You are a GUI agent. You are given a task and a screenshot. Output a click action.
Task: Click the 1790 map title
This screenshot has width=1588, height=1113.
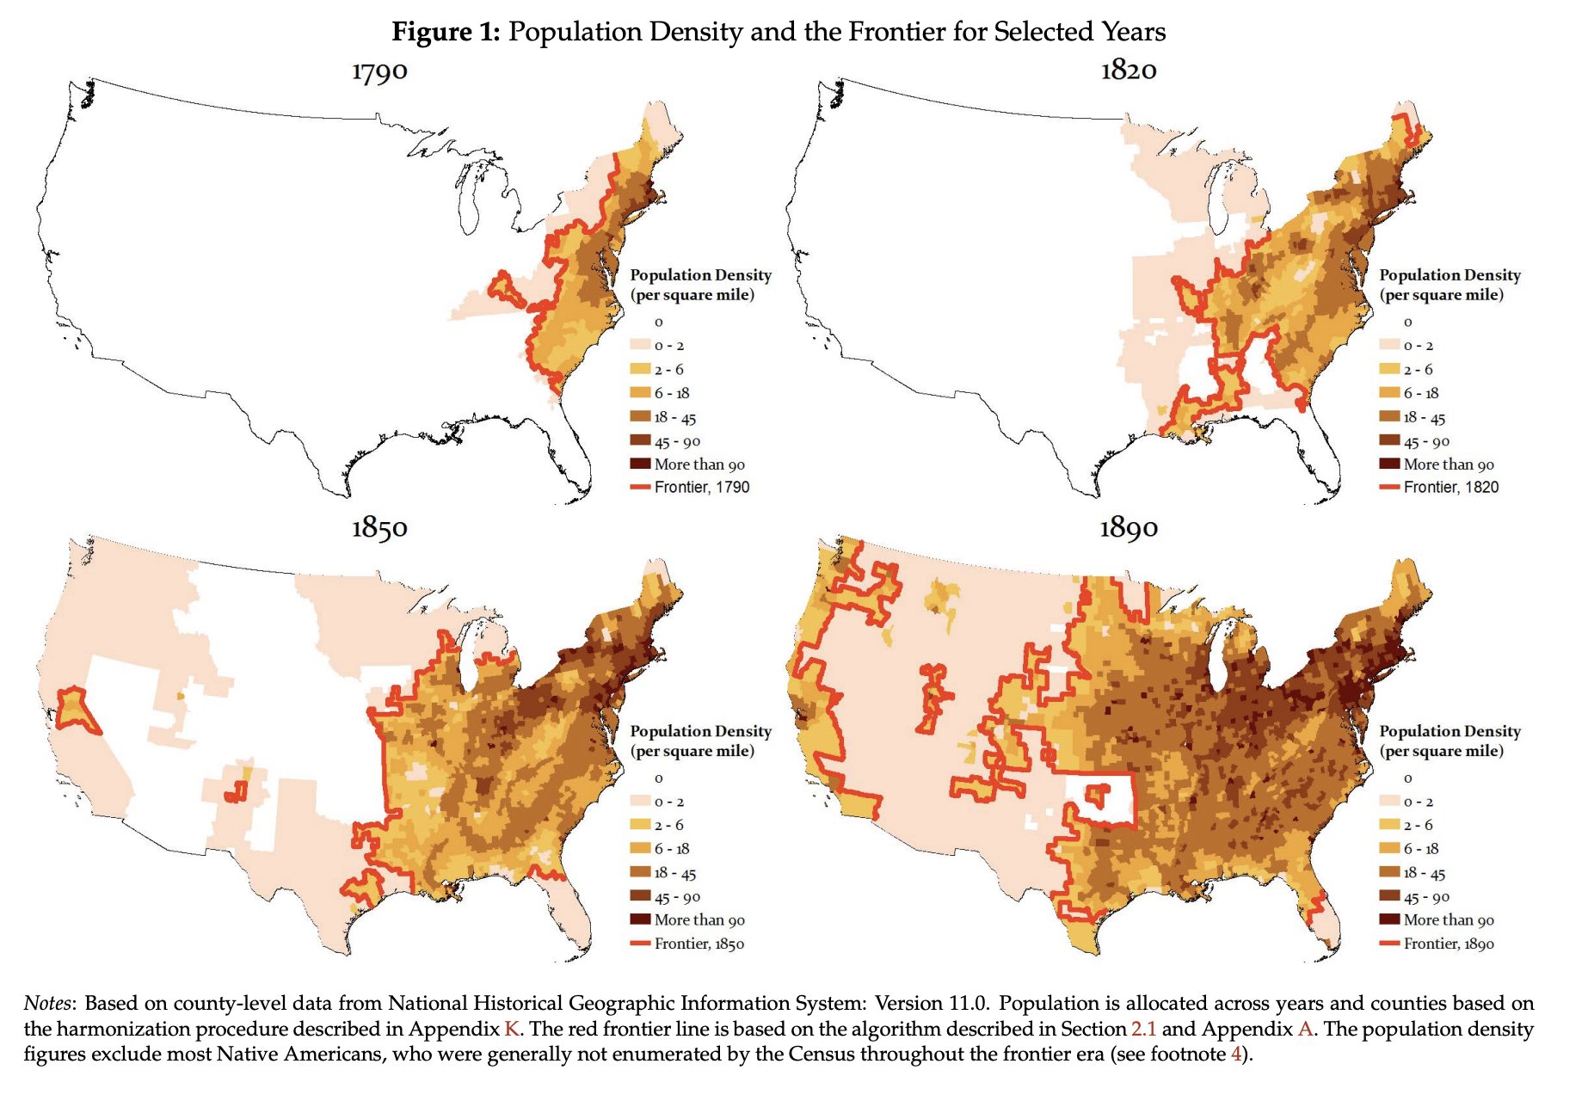click(x=379, y=71)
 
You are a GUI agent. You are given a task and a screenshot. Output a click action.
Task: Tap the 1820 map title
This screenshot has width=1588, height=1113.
click(x=1129, y=71)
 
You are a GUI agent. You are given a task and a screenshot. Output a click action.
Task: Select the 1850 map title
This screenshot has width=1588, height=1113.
click(x=379, y=527)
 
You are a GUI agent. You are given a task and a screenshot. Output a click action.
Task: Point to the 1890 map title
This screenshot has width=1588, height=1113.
click(x=1129, y=527)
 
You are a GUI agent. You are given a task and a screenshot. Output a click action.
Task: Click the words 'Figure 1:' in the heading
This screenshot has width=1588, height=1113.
click(x=446, y=32)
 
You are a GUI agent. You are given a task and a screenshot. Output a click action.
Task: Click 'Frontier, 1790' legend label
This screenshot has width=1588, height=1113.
click(x=701, y=488)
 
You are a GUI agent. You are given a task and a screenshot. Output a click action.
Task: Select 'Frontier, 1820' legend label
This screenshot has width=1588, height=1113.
click(x=1450, y=488)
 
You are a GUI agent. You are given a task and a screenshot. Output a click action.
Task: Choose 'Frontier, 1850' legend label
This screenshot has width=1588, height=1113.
click(x=699, y=944)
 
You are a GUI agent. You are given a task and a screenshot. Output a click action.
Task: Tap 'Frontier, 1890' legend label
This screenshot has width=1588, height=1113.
click(x=1449, y=944)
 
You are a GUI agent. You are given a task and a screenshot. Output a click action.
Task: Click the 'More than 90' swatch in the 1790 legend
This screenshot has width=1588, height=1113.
click(x=640, y=464)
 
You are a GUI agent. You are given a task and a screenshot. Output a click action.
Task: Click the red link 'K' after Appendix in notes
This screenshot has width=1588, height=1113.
click(x=511, y=1029)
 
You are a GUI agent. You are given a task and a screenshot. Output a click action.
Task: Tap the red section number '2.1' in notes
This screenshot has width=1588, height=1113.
click(x=1143, y=1029)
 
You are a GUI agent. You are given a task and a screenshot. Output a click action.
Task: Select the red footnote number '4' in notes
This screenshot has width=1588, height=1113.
click(x=1236, y=1054)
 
